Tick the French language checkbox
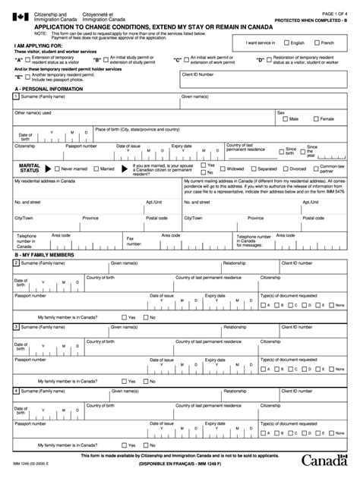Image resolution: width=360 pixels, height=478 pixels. [317, 43]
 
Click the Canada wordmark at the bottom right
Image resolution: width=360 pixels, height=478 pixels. [326, 461]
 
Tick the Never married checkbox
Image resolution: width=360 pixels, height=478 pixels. [57, 169]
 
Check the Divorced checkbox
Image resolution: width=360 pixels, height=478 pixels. [286, 169]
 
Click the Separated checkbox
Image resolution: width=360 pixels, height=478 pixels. [254, 169]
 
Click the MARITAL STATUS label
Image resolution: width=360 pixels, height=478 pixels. [30, 168]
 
